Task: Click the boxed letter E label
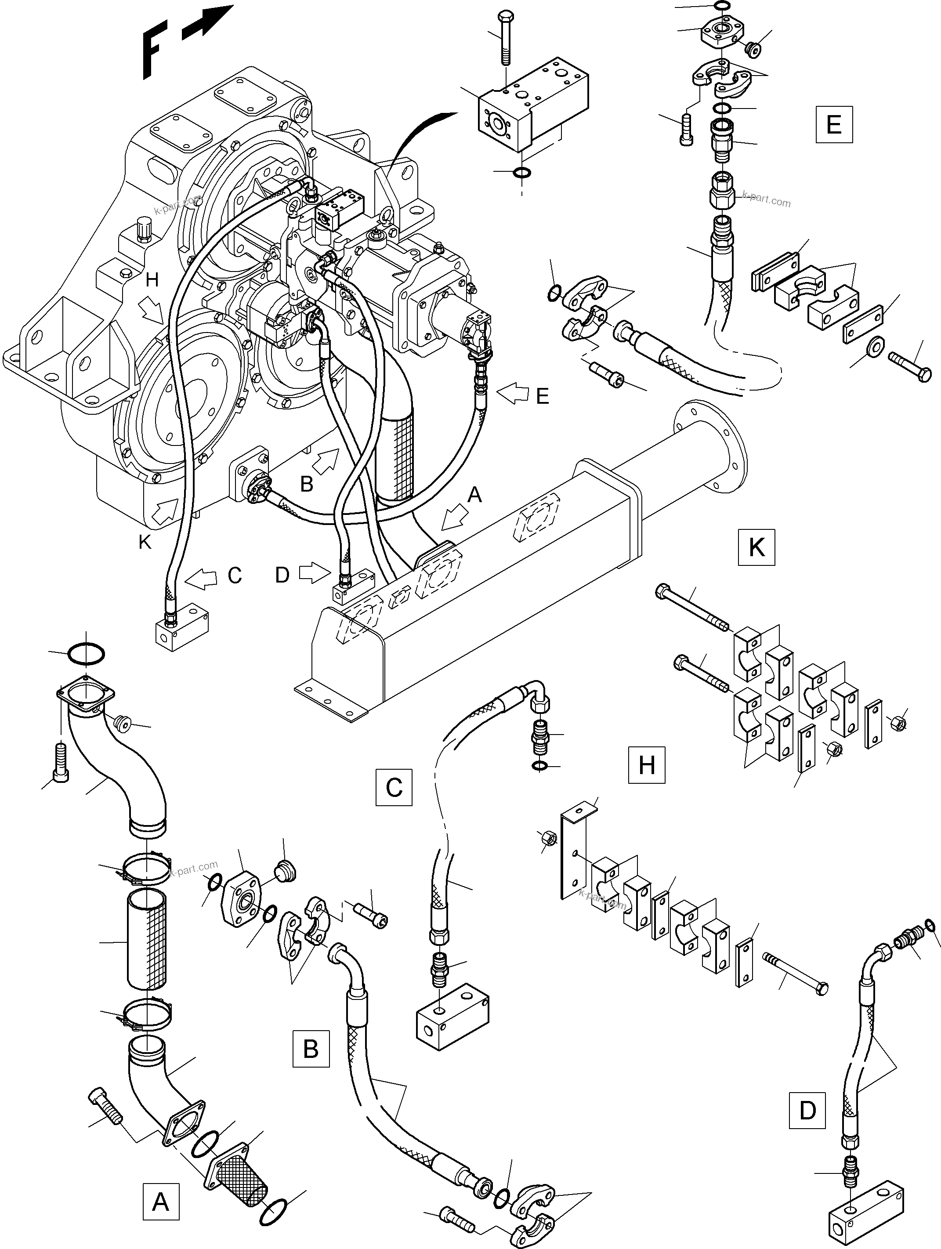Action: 833,124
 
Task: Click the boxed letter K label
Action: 756,547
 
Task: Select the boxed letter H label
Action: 646,765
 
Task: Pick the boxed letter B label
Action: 311,1049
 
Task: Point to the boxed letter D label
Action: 807,1110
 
